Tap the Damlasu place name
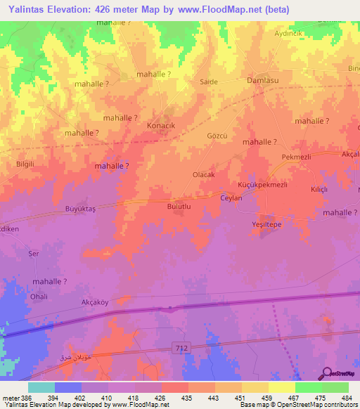264,81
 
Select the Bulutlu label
179,207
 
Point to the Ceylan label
231,198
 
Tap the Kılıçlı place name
321,190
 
